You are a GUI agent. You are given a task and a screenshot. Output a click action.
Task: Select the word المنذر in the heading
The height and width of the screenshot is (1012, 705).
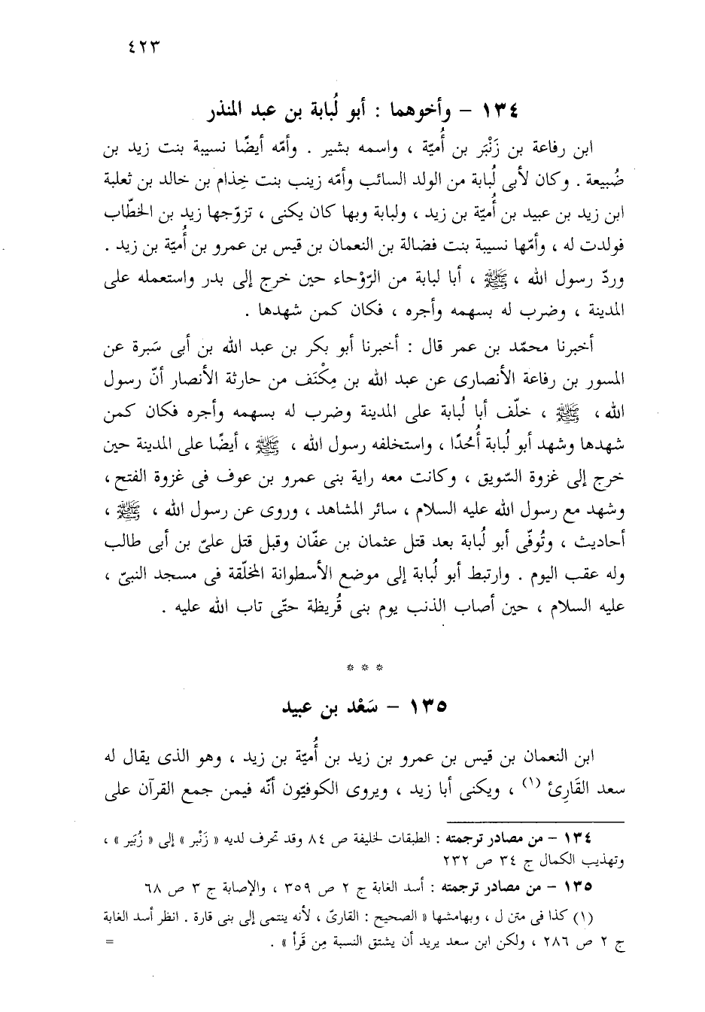234,111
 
